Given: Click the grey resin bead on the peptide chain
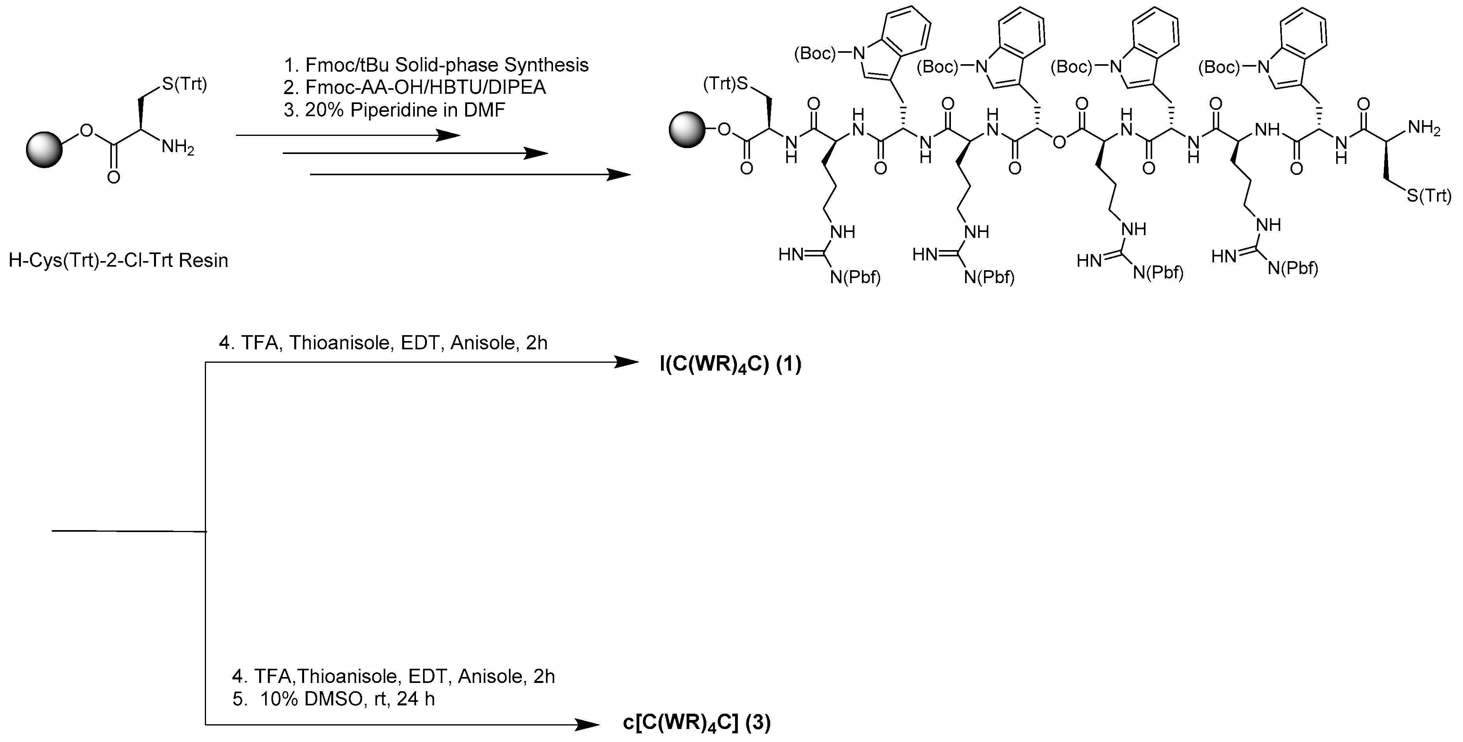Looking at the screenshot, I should pos(687,130).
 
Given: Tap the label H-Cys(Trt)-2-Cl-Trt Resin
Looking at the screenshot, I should pos(118,261).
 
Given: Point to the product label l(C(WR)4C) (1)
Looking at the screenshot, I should pos(730,364).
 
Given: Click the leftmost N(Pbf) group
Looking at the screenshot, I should pos(855,278).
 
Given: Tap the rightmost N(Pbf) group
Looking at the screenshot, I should pos(1292,267).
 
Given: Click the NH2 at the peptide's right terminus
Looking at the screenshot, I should pos(1424,129).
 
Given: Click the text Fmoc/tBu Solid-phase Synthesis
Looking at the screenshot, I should pos(446,65).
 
